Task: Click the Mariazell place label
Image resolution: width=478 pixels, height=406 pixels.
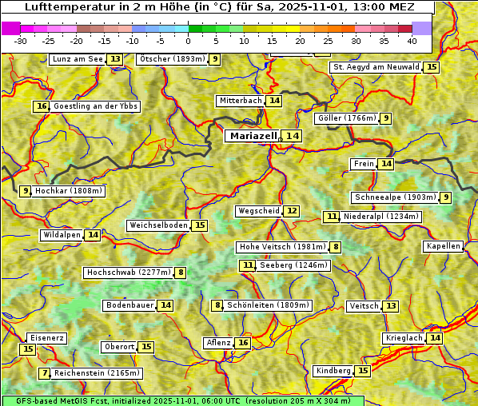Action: click(x=253, y=136)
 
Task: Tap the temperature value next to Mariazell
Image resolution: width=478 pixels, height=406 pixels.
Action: click(x=293, y=137)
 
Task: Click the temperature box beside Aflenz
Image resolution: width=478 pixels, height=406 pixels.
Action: click(x=243, y=343)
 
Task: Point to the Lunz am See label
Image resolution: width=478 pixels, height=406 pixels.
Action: click(x=78, y=59)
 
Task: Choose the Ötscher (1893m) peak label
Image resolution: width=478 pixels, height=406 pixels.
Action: click(x=172, y=59)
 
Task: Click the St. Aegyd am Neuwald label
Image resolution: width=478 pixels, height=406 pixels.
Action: click(x=376, y=67)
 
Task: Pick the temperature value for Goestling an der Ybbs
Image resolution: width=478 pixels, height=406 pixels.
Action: click(x=42, y=106)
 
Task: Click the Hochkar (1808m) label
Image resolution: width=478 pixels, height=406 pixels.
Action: click(x=70, y=191)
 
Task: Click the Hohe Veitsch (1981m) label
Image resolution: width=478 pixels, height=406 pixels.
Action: click(x=282, y=247)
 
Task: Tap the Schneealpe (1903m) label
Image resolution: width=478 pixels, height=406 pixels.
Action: click(x=395, y=197)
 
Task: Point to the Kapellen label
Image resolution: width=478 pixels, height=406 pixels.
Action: click(x=443, y=246)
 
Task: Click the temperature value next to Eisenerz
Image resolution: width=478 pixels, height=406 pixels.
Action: click(x=28, y=349)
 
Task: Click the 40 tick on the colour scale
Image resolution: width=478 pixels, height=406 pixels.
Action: click(x=412, y=41)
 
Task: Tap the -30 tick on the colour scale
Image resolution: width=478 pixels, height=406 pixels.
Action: click(x=21, y=41)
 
